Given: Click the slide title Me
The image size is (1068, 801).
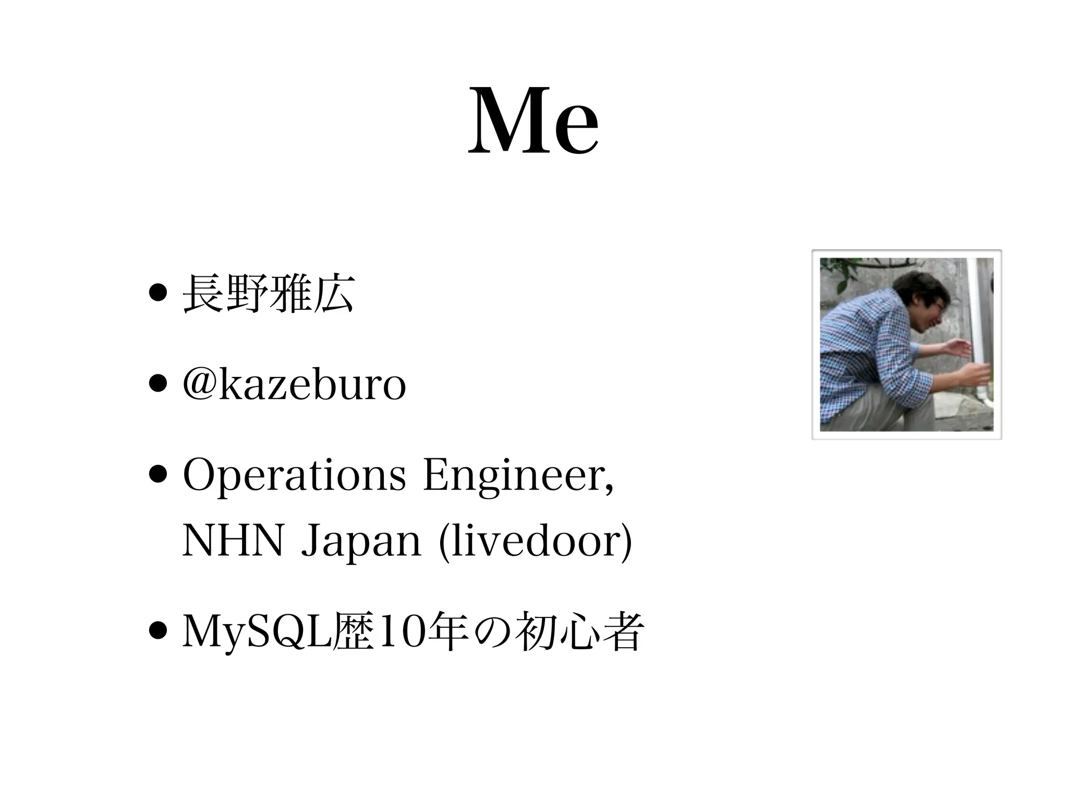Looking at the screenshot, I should coord(533,123).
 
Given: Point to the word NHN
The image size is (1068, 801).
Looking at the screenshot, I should coord(233,542).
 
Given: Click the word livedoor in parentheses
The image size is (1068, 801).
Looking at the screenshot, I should coord(536,542).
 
